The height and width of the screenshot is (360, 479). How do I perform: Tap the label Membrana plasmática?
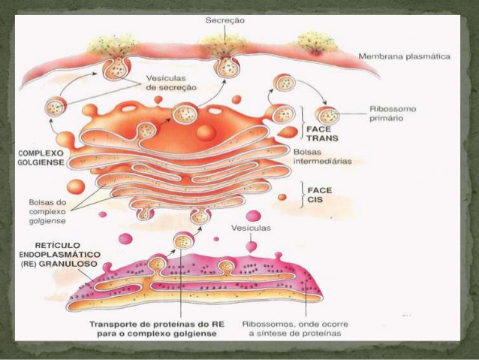point(404,56)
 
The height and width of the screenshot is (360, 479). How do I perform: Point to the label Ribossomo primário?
point(393,113)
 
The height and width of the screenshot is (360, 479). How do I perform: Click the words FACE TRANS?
point(323,132)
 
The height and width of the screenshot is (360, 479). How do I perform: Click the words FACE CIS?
point(318,195)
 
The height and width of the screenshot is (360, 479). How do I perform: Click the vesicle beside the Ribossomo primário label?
point(327,115)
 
